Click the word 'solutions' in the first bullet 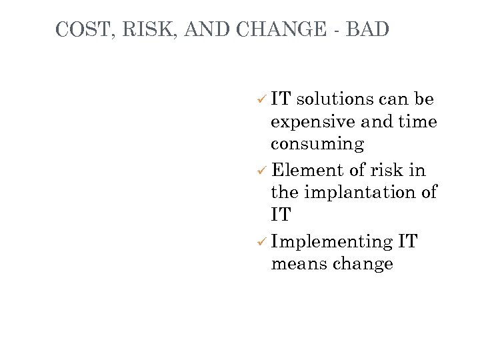(x=335, y=99)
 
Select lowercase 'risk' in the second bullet (x=385, y=170)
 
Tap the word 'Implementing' (x=332, y=242)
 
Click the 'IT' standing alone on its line (x=281, y=215)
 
